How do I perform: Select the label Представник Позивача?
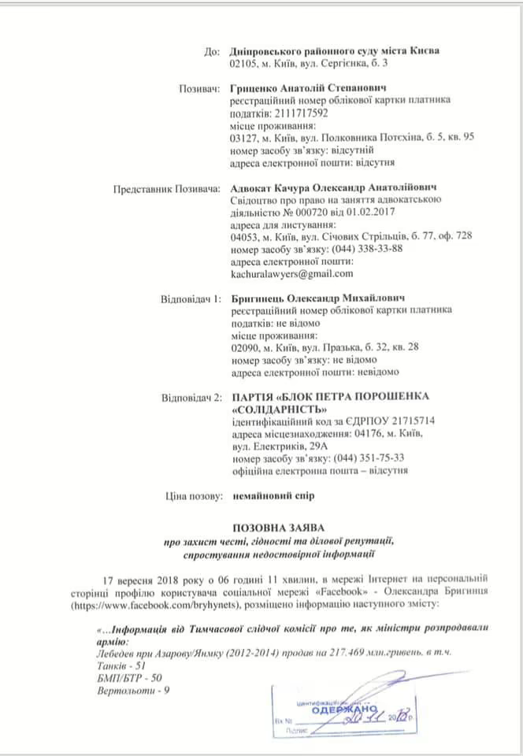(x=168, y=187)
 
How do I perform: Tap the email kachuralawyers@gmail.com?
(x=291, y=273)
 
